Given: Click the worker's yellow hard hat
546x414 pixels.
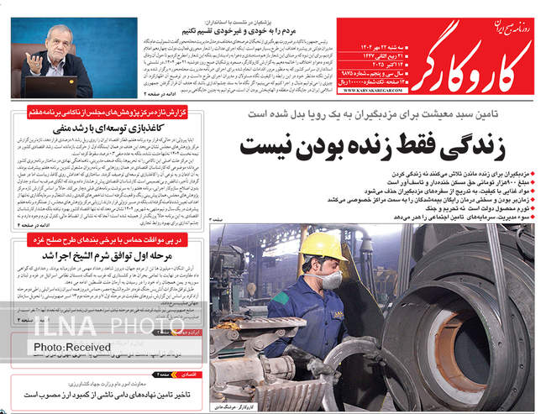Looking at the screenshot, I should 323,245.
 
